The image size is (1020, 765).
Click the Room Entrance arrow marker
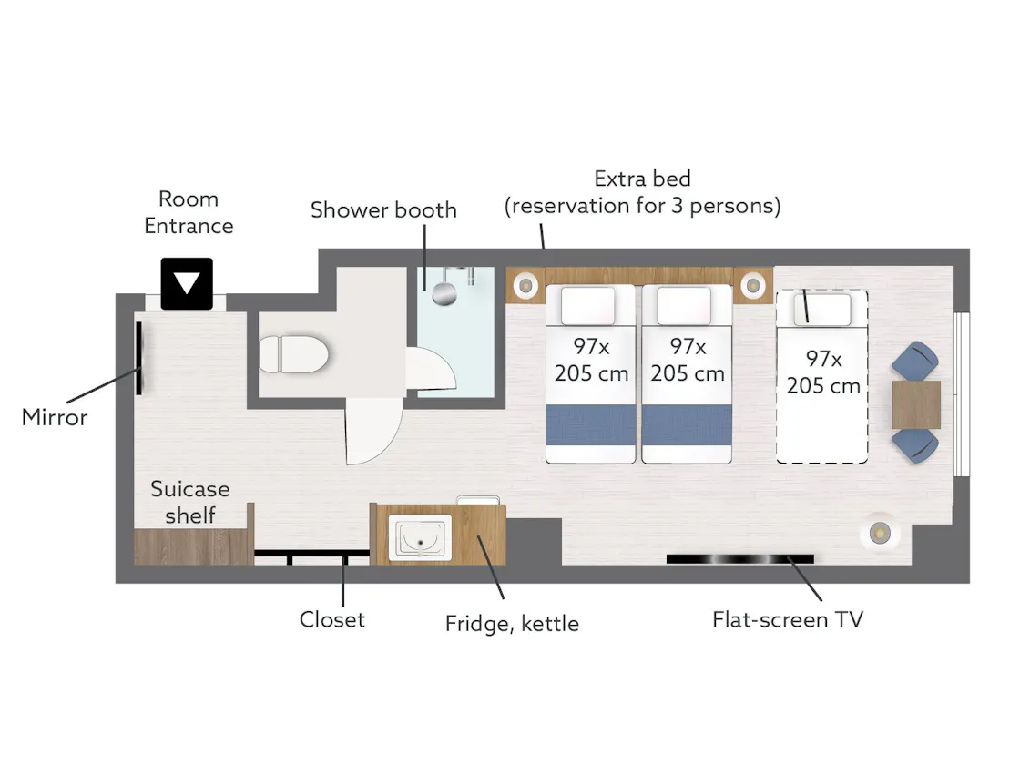click(187, 283)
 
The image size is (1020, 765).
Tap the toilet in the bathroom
click(293, 354)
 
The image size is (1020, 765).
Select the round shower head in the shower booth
click(445, 293)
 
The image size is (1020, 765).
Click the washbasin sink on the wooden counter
click(420, 538)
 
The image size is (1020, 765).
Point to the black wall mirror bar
click(138, 358)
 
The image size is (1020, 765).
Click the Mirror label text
click(55, 417)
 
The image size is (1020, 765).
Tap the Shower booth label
click(383, 210)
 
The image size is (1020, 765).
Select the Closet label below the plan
click(331, 619)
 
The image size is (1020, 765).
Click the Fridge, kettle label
click(512, 623)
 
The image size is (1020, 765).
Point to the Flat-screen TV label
click(788, 619)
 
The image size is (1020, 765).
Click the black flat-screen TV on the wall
click(740, 559)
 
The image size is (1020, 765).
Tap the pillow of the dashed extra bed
click(822, 310)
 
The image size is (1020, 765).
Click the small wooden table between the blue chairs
click(916, 404)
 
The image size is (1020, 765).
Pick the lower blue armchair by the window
click(915, 445)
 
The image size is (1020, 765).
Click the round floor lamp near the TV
click(880, 534)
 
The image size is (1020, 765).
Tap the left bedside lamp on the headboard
click(525, 285)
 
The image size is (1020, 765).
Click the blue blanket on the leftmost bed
click(591, 424)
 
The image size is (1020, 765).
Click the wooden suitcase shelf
click(194, 546)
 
